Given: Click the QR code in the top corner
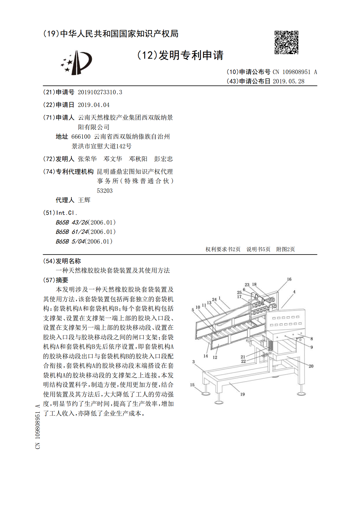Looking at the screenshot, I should point(286,42).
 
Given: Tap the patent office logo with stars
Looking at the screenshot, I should point(76,63).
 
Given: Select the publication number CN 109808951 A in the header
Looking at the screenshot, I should point(295,72).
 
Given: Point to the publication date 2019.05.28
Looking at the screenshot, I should point(288,81).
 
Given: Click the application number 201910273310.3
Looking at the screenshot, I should point(100,92).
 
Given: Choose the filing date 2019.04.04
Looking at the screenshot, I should point(93,105).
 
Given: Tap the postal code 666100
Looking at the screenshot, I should point(81,137).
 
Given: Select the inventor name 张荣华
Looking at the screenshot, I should point(87,159).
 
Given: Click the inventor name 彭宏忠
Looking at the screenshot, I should point(163,159).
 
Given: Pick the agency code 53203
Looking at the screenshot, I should point(105,191).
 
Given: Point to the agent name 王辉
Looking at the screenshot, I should point(84,200).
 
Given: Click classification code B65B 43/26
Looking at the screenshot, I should point(72,222).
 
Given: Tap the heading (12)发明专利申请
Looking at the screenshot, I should point(180,55).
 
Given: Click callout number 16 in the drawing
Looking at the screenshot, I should point(289,279).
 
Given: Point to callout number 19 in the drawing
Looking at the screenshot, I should point(242,394).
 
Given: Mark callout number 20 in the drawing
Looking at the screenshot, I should point(311,366).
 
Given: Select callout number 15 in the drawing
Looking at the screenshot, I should point(192,385).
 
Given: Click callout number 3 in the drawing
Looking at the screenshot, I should point(194,361).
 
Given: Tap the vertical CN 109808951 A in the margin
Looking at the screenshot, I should point(38,426).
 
